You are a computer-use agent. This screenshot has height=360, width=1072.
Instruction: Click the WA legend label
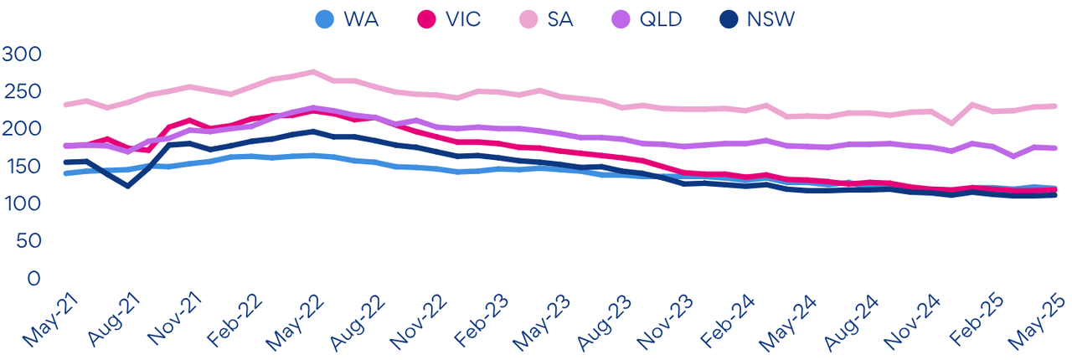point(361,19)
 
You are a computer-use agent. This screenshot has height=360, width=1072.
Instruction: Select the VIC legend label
point(463,19)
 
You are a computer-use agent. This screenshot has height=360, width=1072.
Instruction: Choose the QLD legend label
point(661,19)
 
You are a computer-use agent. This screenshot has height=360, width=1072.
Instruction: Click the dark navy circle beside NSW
point(728,19)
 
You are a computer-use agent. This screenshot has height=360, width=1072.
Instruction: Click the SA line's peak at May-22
point(313,72)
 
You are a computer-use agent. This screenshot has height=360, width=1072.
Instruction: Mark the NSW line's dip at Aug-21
point(128,186)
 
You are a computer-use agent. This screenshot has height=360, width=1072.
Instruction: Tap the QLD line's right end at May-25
point(1054,148)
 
